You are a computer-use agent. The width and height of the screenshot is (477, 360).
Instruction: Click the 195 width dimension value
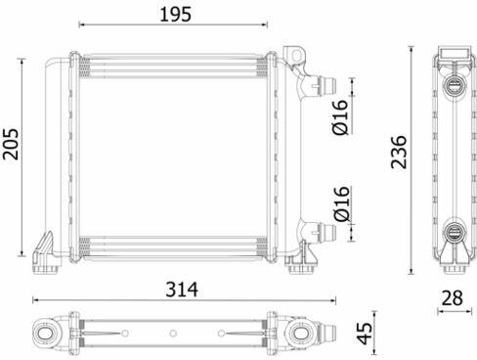[x=175, y=15]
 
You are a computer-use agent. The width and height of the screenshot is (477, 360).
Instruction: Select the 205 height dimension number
[x=11, y=144]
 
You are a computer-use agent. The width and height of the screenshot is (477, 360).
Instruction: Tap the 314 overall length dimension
[x=182, y=289]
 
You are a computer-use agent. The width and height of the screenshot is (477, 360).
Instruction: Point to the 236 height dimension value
[x=399, y=152]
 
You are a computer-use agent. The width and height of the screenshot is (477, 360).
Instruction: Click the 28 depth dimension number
[x=453, y=297]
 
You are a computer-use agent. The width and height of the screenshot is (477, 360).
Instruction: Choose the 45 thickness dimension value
[x=365, y=333]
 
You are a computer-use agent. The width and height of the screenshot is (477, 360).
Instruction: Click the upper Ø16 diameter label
[x=340, y=117]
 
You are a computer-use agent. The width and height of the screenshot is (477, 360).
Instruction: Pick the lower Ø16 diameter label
[x=341, y=203]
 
